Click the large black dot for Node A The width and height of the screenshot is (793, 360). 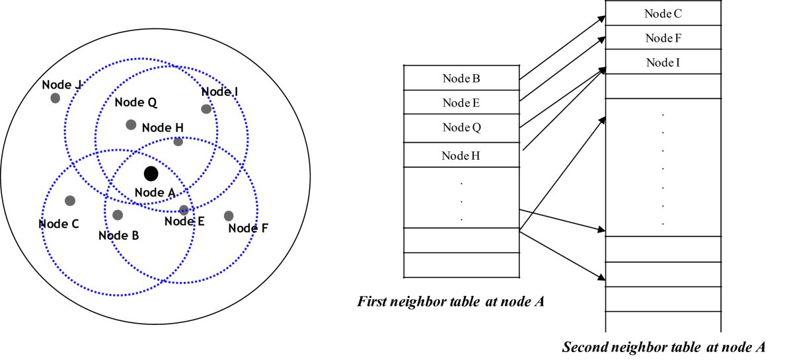coord(151,174)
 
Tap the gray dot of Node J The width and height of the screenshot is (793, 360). coord(56,98)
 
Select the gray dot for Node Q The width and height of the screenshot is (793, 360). coord(131,124)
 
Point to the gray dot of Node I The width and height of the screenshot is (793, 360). coord(206,109)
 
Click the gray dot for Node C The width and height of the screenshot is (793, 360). coord(70,200)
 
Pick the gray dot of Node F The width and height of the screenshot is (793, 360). coord(229,215)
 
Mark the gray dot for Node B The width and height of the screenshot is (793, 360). coord(118,215)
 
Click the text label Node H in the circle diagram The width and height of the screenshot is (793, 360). coord(163,128)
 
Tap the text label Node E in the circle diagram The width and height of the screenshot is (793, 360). coord(184,221)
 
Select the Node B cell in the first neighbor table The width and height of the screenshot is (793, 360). coord(461,79)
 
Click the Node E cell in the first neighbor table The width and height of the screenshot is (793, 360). coord(461,102)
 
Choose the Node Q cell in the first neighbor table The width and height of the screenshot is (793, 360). coord(461,127)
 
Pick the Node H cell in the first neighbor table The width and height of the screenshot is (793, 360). coord(461,156)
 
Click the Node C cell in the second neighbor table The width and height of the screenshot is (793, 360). coord(663,13)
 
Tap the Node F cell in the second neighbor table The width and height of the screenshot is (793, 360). coord(663,38)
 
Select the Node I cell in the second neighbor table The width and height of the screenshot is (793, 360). coord(663,62)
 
